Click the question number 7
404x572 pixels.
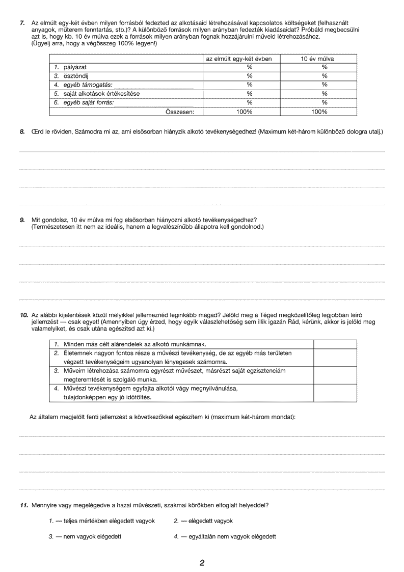click(21, 23)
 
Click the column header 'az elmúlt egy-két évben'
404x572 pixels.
click(239, 59)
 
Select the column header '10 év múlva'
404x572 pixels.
click(318, 59)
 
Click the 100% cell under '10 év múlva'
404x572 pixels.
click(319, 112)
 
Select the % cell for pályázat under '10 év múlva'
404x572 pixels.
click(324, 67)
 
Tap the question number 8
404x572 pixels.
click(22, 132)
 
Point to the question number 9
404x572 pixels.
click(22, 220)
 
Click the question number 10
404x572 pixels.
click(24, 315)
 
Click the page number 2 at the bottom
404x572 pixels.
click(202, 563)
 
